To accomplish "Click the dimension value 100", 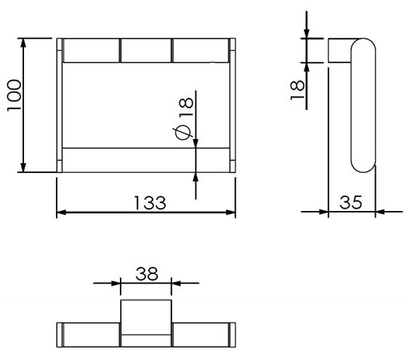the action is (x=14, y=95).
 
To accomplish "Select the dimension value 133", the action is (x=150, y=203).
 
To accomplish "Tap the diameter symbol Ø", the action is (x=184, y=132).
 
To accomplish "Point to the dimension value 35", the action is (x=350, y=202).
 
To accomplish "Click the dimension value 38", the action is (x=147, y=274).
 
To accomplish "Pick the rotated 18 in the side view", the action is (x=297, y=89).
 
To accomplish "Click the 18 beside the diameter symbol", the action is (x=186, y=107).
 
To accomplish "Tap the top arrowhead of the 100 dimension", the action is (x=23, y=43).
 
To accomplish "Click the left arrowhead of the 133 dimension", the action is (x=61, y=212).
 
